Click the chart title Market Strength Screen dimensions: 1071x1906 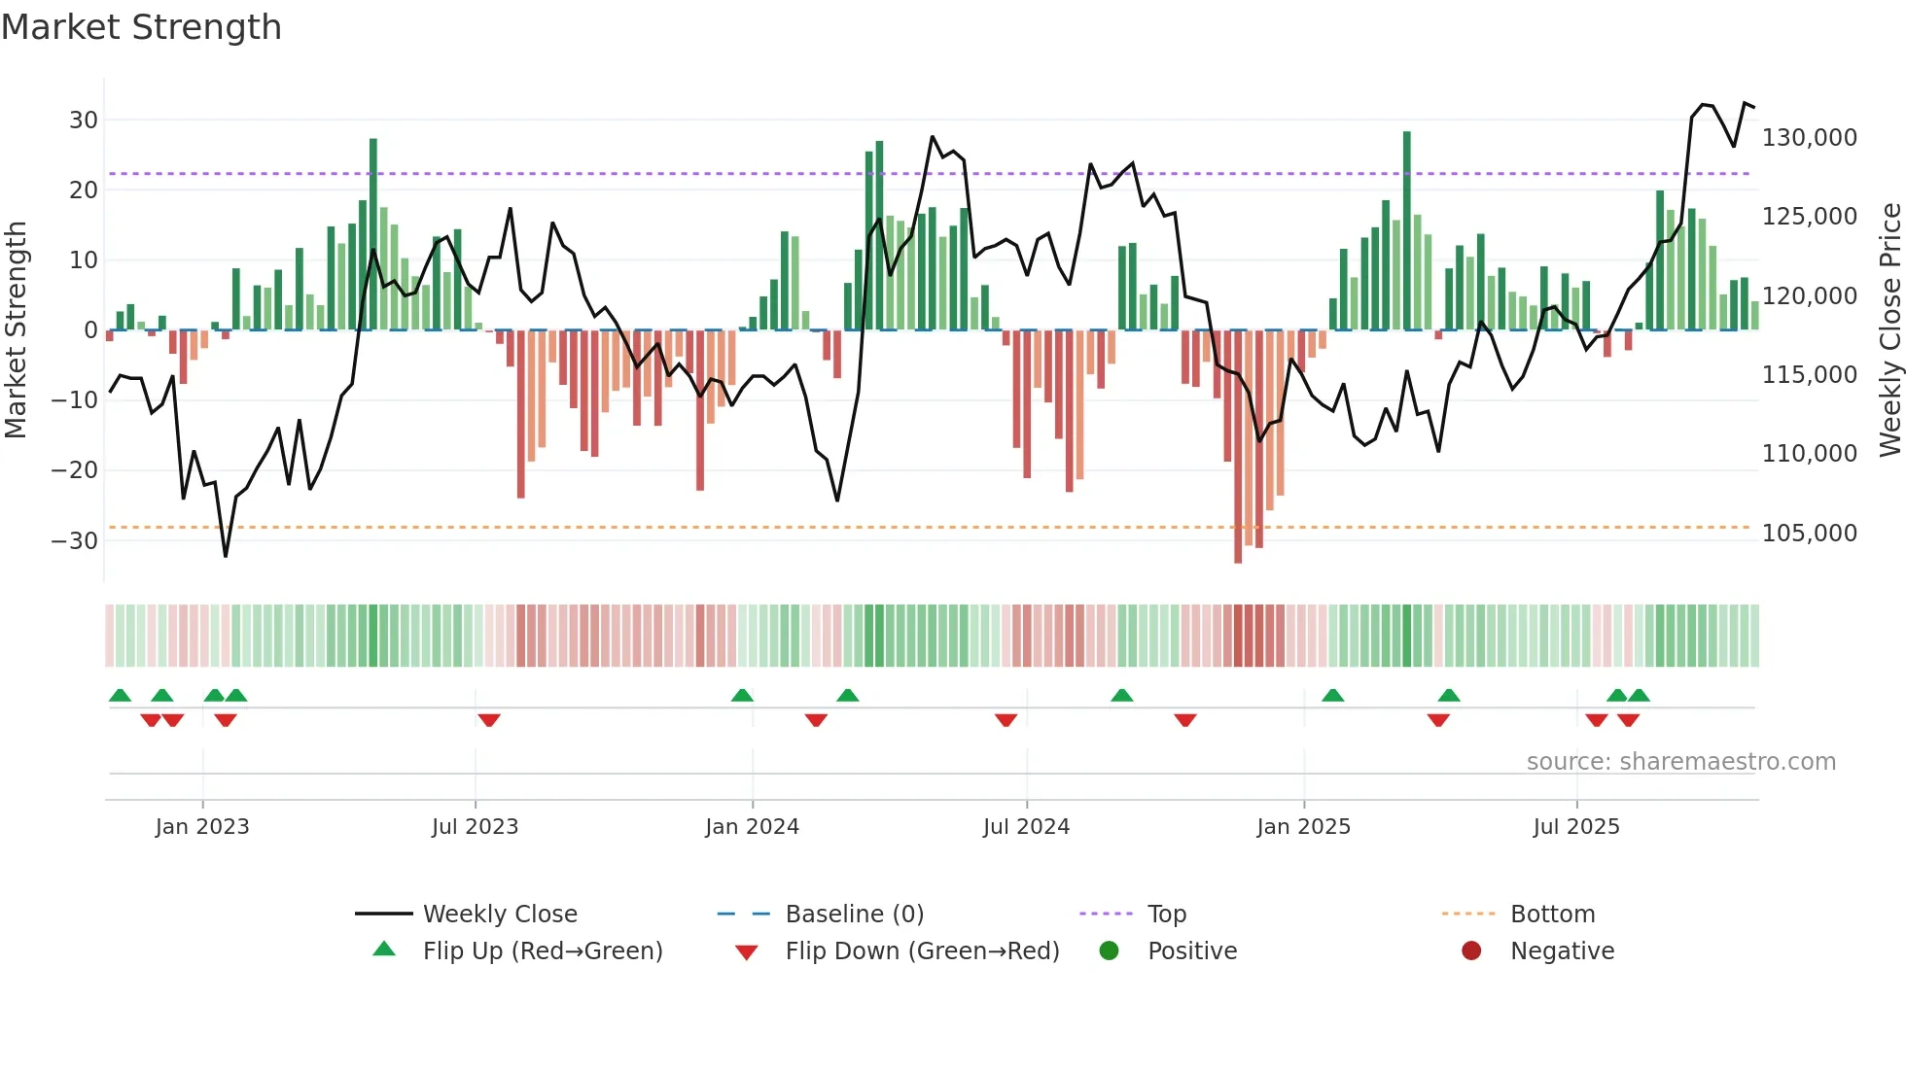141,27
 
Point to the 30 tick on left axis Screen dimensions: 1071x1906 84,121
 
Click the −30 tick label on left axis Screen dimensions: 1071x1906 75,541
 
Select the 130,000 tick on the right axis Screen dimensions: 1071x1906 1809,138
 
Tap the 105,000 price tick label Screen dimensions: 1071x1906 1809,534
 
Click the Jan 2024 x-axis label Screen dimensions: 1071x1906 752,827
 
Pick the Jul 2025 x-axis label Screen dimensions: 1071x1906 1576,827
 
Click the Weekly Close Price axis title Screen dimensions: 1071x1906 1889,330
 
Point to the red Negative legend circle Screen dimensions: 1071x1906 1471,950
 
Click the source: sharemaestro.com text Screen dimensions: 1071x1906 1680,762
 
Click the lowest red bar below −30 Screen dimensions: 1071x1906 1238,447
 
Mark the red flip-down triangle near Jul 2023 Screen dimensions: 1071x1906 489,720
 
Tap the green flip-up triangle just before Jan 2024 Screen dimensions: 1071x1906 742,695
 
